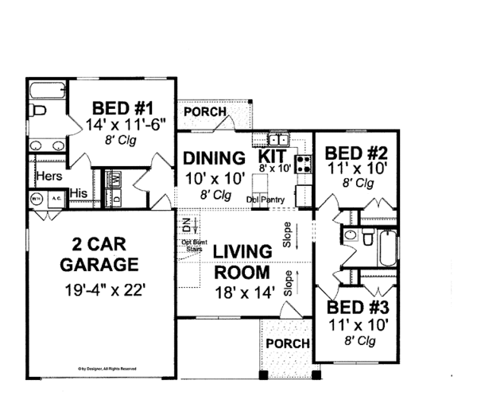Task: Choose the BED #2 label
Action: coord(351,152)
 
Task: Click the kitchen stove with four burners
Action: coord(303,164)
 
